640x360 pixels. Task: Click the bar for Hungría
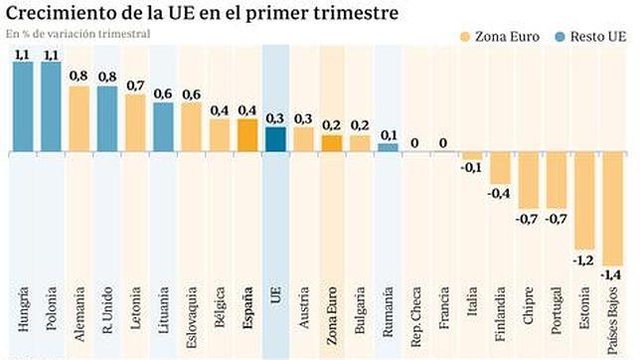click(x=22, y=106)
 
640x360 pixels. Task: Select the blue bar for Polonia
click(x=51, y=106)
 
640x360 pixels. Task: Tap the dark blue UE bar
click(x=275, y=139)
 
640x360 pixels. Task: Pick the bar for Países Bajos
click(x=612, y=208)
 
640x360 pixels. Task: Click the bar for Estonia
click(x=584, y=200)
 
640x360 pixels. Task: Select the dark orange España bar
click(x=247, y=135)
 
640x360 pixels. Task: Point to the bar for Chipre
click(x=528, y=180)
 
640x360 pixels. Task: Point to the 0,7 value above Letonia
click(x=135, y=87)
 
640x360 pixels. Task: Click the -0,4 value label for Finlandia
click(x=500, y=192)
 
